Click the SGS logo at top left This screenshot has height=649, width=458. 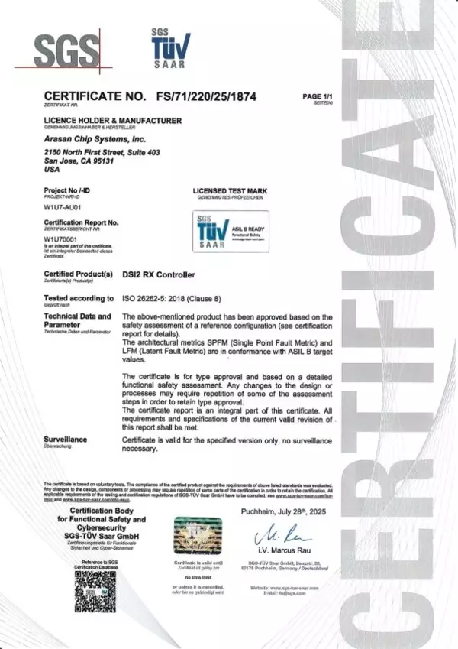(68, 51)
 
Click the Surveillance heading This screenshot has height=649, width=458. (66, 439)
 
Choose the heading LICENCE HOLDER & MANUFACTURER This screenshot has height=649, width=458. (113, 122)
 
